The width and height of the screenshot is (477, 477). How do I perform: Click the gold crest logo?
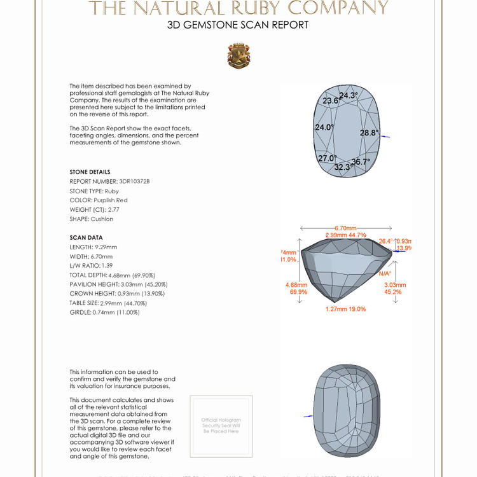click(238, 56)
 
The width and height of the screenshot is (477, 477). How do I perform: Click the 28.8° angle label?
click(369, 133)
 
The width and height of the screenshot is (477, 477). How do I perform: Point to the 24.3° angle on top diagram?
click(349, 95)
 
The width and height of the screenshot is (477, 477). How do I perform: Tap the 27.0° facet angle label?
click(327, 158)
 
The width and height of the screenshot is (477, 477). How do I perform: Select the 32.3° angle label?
click(343, 167)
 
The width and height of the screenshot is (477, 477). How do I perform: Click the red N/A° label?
click(385, 273)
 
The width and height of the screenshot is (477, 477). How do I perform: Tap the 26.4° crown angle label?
click(386, 242)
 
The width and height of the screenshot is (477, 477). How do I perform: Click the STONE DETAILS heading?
click(90, 172)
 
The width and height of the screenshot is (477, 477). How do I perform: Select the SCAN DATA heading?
click(86, 238)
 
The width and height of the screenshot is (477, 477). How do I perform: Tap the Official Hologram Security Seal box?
click(221, 425)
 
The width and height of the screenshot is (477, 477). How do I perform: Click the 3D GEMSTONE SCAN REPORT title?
click(238, 25)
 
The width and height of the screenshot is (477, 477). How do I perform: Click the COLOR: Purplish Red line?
click(99, 200)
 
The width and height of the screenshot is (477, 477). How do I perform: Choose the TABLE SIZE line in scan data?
click(108, 303)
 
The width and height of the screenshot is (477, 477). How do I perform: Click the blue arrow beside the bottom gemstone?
click(308, 416)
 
